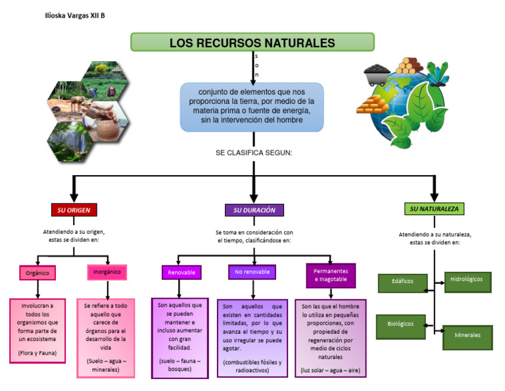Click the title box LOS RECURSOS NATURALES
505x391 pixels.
coord(252,43)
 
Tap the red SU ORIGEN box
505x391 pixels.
coord(74,210)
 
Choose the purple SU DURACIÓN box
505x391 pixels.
coord(254,210)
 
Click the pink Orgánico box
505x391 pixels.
coord(37,272)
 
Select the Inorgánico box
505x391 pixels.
coord(107,271)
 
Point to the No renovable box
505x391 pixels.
coord(252,271)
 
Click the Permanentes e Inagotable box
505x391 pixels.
coord(331,275)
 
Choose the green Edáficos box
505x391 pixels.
coord(402,282)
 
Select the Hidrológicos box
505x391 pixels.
coord(468,280)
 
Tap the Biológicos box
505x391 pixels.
coord(400,324)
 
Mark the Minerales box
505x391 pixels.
coord(468,335)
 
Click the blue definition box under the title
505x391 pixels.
coord(252,107)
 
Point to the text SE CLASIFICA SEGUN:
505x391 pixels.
coord(254,153)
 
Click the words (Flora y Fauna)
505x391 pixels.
coord(37,353)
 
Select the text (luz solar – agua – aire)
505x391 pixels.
coord(331,370)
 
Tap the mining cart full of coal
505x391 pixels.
coord(377,73)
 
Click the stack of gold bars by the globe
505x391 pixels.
coord(372,106)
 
